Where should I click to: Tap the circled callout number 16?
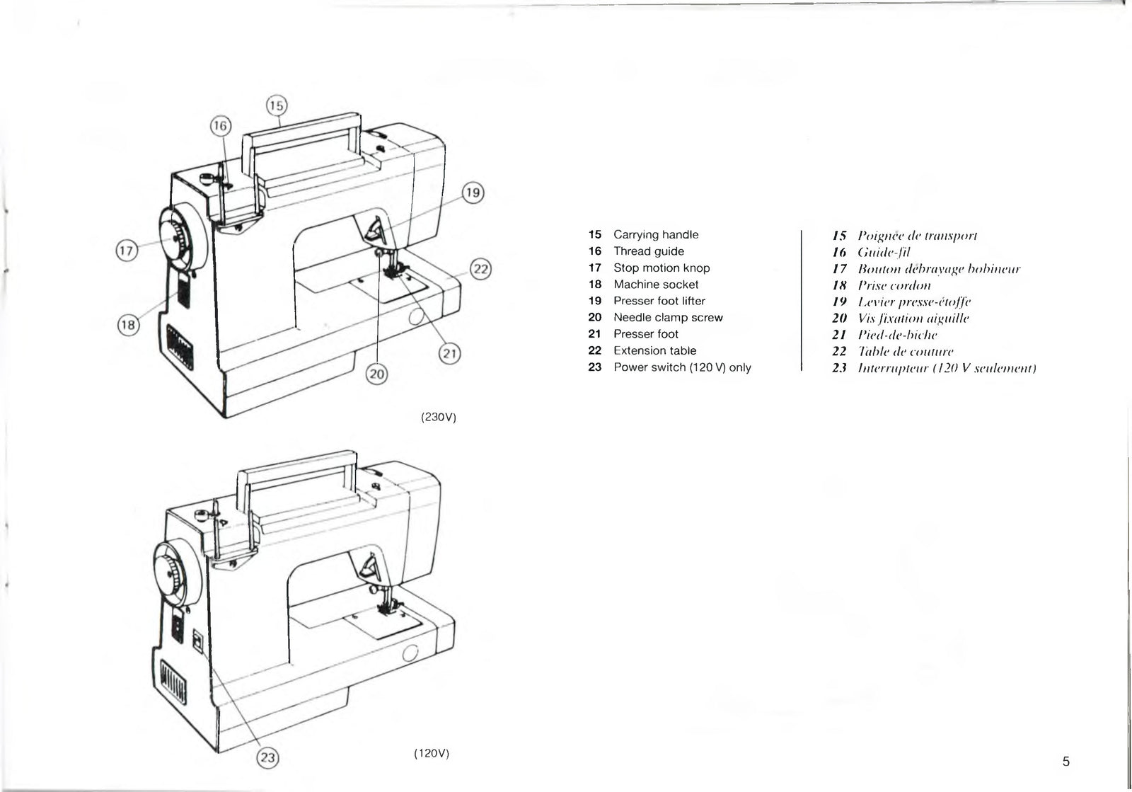pos(221,126)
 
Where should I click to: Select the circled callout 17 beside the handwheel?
pos(126,251)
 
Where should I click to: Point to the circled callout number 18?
pos(127,326)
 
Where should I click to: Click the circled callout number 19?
pos(473,193)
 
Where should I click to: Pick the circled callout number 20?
pos(376,374)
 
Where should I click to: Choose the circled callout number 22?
pos(481,270)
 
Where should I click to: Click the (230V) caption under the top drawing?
pos(439,418)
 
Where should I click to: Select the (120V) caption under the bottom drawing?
pos(432,753)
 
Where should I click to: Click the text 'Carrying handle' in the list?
pos(655,235)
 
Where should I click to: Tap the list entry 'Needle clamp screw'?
pos(668,318)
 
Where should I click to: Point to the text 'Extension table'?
pos(654,351)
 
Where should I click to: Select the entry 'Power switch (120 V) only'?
pos(682,367)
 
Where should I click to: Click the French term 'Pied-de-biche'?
pos(897,335)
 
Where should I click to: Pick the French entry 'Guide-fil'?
pos(883,252)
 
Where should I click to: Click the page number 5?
pos(1066,762)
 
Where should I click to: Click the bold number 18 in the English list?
pos(594,285)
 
